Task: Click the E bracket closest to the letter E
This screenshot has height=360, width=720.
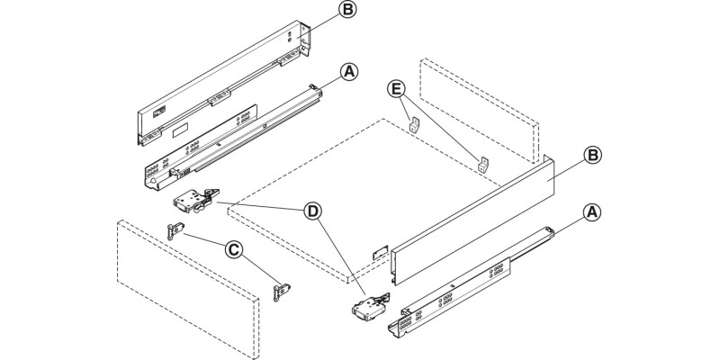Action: [x=414, y=126]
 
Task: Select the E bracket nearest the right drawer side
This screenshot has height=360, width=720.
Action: [x=483, y=165]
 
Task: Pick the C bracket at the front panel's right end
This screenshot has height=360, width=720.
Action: [x=283, y=291]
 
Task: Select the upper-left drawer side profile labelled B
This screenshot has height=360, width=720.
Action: [x=225, y=72]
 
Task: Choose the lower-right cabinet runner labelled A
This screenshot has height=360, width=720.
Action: [x=468, y=283]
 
